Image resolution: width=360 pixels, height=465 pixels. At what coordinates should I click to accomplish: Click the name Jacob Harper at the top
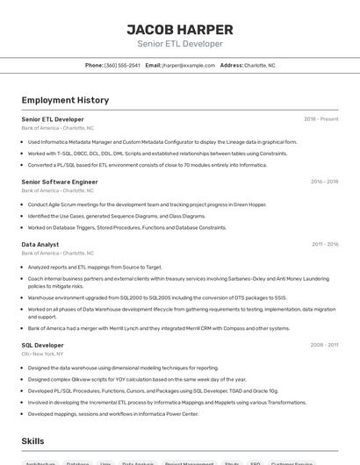coord(180,29)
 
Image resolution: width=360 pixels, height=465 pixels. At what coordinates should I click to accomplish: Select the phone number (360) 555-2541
coord(122,65)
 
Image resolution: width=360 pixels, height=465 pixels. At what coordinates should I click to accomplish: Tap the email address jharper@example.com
coord(189,65)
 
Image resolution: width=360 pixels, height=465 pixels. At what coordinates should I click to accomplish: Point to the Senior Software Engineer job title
coord(60,182)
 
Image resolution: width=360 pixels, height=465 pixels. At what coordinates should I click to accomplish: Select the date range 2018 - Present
coord(320,119)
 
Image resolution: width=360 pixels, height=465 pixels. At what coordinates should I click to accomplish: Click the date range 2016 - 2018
coord(324,182)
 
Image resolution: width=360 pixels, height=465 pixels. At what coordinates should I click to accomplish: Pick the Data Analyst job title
coord(40,244)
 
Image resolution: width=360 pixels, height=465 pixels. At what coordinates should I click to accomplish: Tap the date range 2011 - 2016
coord(324,245)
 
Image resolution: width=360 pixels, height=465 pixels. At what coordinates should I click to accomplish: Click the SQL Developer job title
coord(43,345)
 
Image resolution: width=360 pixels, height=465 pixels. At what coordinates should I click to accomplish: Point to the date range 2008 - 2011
coord(324,346)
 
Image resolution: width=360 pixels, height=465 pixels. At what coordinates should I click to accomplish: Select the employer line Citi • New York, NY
coord(50,354)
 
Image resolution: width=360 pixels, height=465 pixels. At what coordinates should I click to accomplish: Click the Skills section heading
coord(32,440)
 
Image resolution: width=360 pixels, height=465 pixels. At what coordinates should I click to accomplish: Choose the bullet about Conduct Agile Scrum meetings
coord(147,204)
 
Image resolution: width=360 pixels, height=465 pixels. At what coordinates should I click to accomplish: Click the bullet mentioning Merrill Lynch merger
coord(158,328)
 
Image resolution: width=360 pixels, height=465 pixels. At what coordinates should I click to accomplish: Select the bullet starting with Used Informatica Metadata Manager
coord(162,141)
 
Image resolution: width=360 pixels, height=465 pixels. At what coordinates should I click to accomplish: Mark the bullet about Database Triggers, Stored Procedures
coord(126,227)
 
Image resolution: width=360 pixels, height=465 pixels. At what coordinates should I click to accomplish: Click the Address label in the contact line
coord(231,65)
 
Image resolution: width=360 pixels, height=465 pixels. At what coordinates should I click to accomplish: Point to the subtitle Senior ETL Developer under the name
coord(180,44)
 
